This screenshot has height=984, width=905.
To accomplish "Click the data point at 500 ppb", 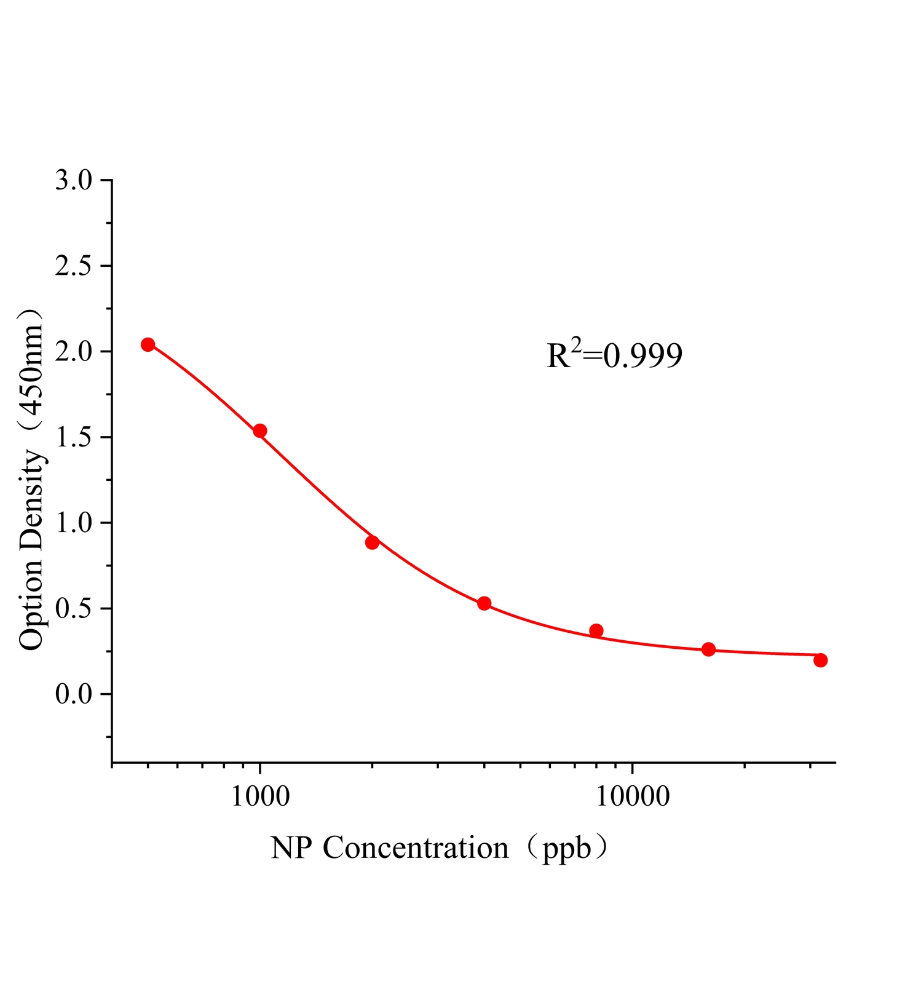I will point(148,344).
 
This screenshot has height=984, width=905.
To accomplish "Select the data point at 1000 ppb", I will point(260,430).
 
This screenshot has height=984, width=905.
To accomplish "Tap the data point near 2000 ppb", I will point(372,542).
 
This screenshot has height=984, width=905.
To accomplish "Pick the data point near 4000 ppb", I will point(484,603).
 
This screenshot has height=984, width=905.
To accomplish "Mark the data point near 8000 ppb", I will point(596,630).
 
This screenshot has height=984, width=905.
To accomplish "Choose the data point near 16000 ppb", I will point(708,649).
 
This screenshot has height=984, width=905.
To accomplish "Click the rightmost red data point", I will point(820,660).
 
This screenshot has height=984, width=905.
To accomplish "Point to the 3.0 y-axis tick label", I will point(73,181).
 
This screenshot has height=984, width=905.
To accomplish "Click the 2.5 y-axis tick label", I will point(73,266).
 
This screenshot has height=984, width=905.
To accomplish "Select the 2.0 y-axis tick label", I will point(73,352).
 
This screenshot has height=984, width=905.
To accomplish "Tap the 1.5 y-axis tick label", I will point(73,437).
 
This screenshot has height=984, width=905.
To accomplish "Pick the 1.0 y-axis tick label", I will point(73,523).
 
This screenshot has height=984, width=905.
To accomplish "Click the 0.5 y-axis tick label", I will point(73,609).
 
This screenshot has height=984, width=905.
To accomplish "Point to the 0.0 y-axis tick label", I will point(73,694).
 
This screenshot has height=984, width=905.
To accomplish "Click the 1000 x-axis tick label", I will point(260,796).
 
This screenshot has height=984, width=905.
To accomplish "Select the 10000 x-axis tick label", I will point(633,796).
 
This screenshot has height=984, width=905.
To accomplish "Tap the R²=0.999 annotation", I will point(614,355).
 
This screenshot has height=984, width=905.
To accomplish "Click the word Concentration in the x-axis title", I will point(416,848).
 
